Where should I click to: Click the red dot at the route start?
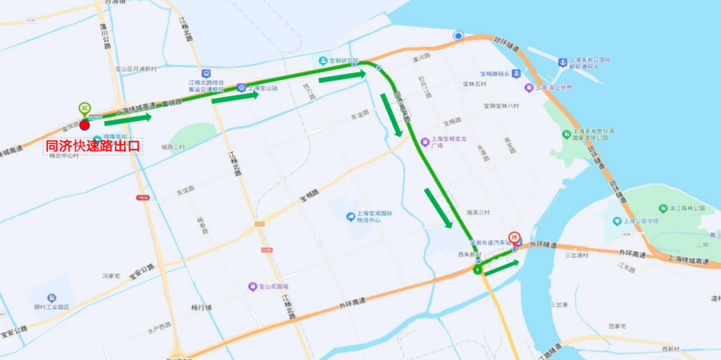84,124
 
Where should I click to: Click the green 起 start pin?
84,108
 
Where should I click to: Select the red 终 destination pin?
514,238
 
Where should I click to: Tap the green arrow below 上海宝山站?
235,98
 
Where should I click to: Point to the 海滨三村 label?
478,212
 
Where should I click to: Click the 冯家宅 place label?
110,275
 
